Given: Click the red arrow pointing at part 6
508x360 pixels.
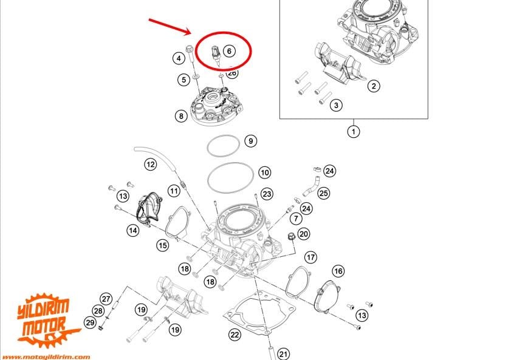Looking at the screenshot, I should coord(171,26).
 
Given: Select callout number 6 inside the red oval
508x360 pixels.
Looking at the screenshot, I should coord(229,51).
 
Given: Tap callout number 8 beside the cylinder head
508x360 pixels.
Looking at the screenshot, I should coord(180,115).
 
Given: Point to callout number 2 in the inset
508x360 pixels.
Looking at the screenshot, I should coord(374,86).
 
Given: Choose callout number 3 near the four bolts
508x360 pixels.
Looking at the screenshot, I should coord(335,106).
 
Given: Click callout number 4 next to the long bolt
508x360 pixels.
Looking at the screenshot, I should coord(179,58).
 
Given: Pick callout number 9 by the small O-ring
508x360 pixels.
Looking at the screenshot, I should coord(250,141).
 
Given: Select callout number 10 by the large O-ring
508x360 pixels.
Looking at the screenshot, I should coord(264,172).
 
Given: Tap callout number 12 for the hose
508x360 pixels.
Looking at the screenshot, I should coord(150,163).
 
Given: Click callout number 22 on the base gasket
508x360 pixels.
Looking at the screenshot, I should coord(235,334).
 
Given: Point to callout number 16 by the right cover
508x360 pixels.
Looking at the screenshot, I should coord(338,271).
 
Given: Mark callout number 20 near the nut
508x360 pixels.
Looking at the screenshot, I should coord(304,234).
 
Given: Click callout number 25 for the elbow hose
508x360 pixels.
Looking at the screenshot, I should coord(324,193).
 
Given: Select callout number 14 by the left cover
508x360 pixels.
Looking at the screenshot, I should coord(133,229).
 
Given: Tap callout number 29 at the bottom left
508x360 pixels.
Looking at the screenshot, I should coord(89,322).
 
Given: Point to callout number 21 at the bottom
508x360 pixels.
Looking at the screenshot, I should coord(284,353).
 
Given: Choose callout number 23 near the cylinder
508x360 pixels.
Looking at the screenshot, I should coord(266,194).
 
